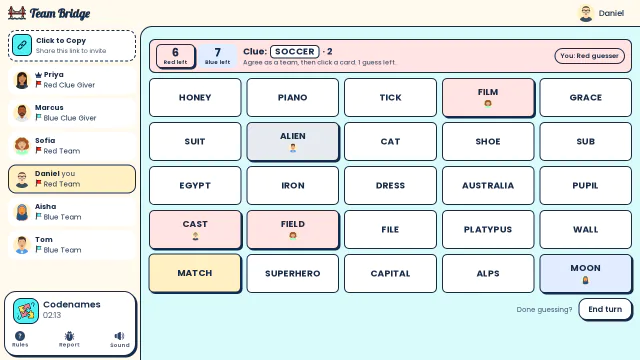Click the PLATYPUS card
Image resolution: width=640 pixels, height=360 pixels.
point(488,229)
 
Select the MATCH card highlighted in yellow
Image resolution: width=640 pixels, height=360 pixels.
point(195,273)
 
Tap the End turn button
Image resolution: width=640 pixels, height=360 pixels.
point(605,309)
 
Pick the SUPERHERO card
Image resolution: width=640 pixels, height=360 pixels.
point(293,273)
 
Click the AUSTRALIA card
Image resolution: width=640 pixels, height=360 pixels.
point(488,185)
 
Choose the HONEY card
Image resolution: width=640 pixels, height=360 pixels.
point(195,98)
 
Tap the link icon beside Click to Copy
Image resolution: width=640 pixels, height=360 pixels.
point(22,45)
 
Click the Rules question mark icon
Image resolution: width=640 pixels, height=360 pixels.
point(20,336)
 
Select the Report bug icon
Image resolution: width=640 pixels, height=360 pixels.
point(69,336)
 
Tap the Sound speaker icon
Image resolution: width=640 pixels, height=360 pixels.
point(119,336)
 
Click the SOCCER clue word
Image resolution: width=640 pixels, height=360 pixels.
point(295,52)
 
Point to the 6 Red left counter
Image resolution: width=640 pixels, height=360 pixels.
point(176,56)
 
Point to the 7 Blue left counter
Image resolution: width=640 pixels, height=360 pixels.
point(218,56)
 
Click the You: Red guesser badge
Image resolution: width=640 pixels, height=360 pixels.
point(589,56)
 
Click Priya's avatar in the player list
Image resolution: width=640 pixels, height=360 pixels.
point(22,80)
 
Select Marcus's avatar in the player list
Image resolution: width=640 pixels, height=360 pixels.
point(22,113)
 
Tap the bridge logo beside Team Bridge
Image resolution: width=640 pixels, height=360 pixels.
point(17,13)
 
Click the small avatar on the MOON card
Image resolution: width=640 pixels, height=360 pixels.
point(585,280)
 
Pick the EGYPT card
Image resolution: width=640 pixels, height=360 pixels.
point(195,185)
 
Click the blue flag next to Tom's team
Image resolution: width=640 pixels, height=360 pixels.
point(38,249)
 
